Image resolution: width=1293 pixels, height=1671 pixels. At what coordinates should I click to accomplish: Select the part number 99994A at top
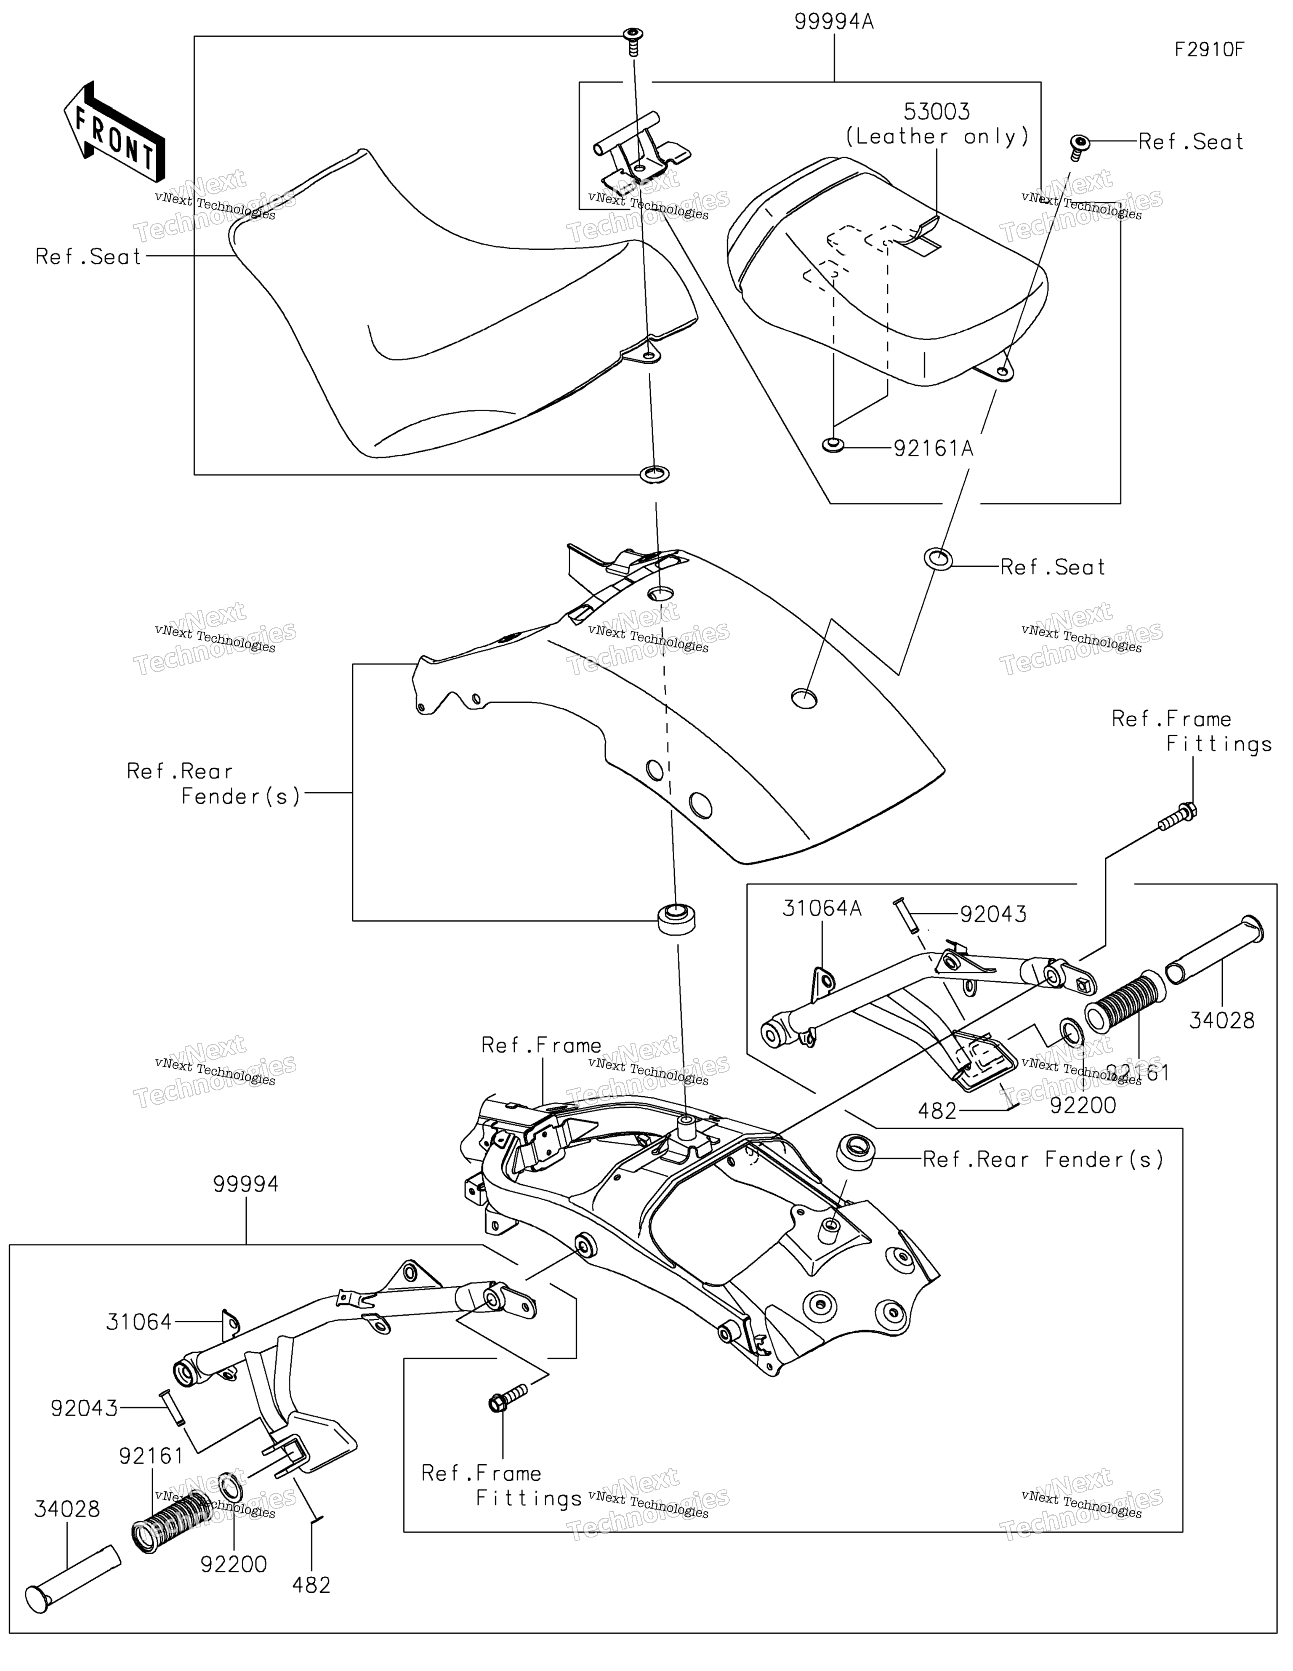coord(834,21)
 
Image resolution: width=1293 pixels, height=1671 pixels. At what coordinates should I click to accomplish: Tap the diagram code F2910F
coord(1210,50)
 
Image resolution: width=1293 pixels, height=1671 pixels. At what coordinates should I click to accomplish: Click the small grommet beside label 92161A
coord(833,445)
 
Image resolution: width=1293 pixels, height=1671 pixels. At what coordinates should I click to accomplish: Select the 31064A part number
coord(822,908)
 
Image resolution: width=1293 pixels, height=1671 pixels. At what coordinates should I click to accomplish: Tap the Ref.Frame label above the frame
coord(541,1045)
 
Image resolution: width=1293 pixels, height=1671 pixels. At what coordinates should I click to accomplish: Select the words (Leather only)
coord(937,137)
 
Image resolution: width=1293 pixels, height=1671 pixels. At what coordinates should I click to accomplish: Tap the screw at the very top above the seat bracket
coord(633,41)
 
